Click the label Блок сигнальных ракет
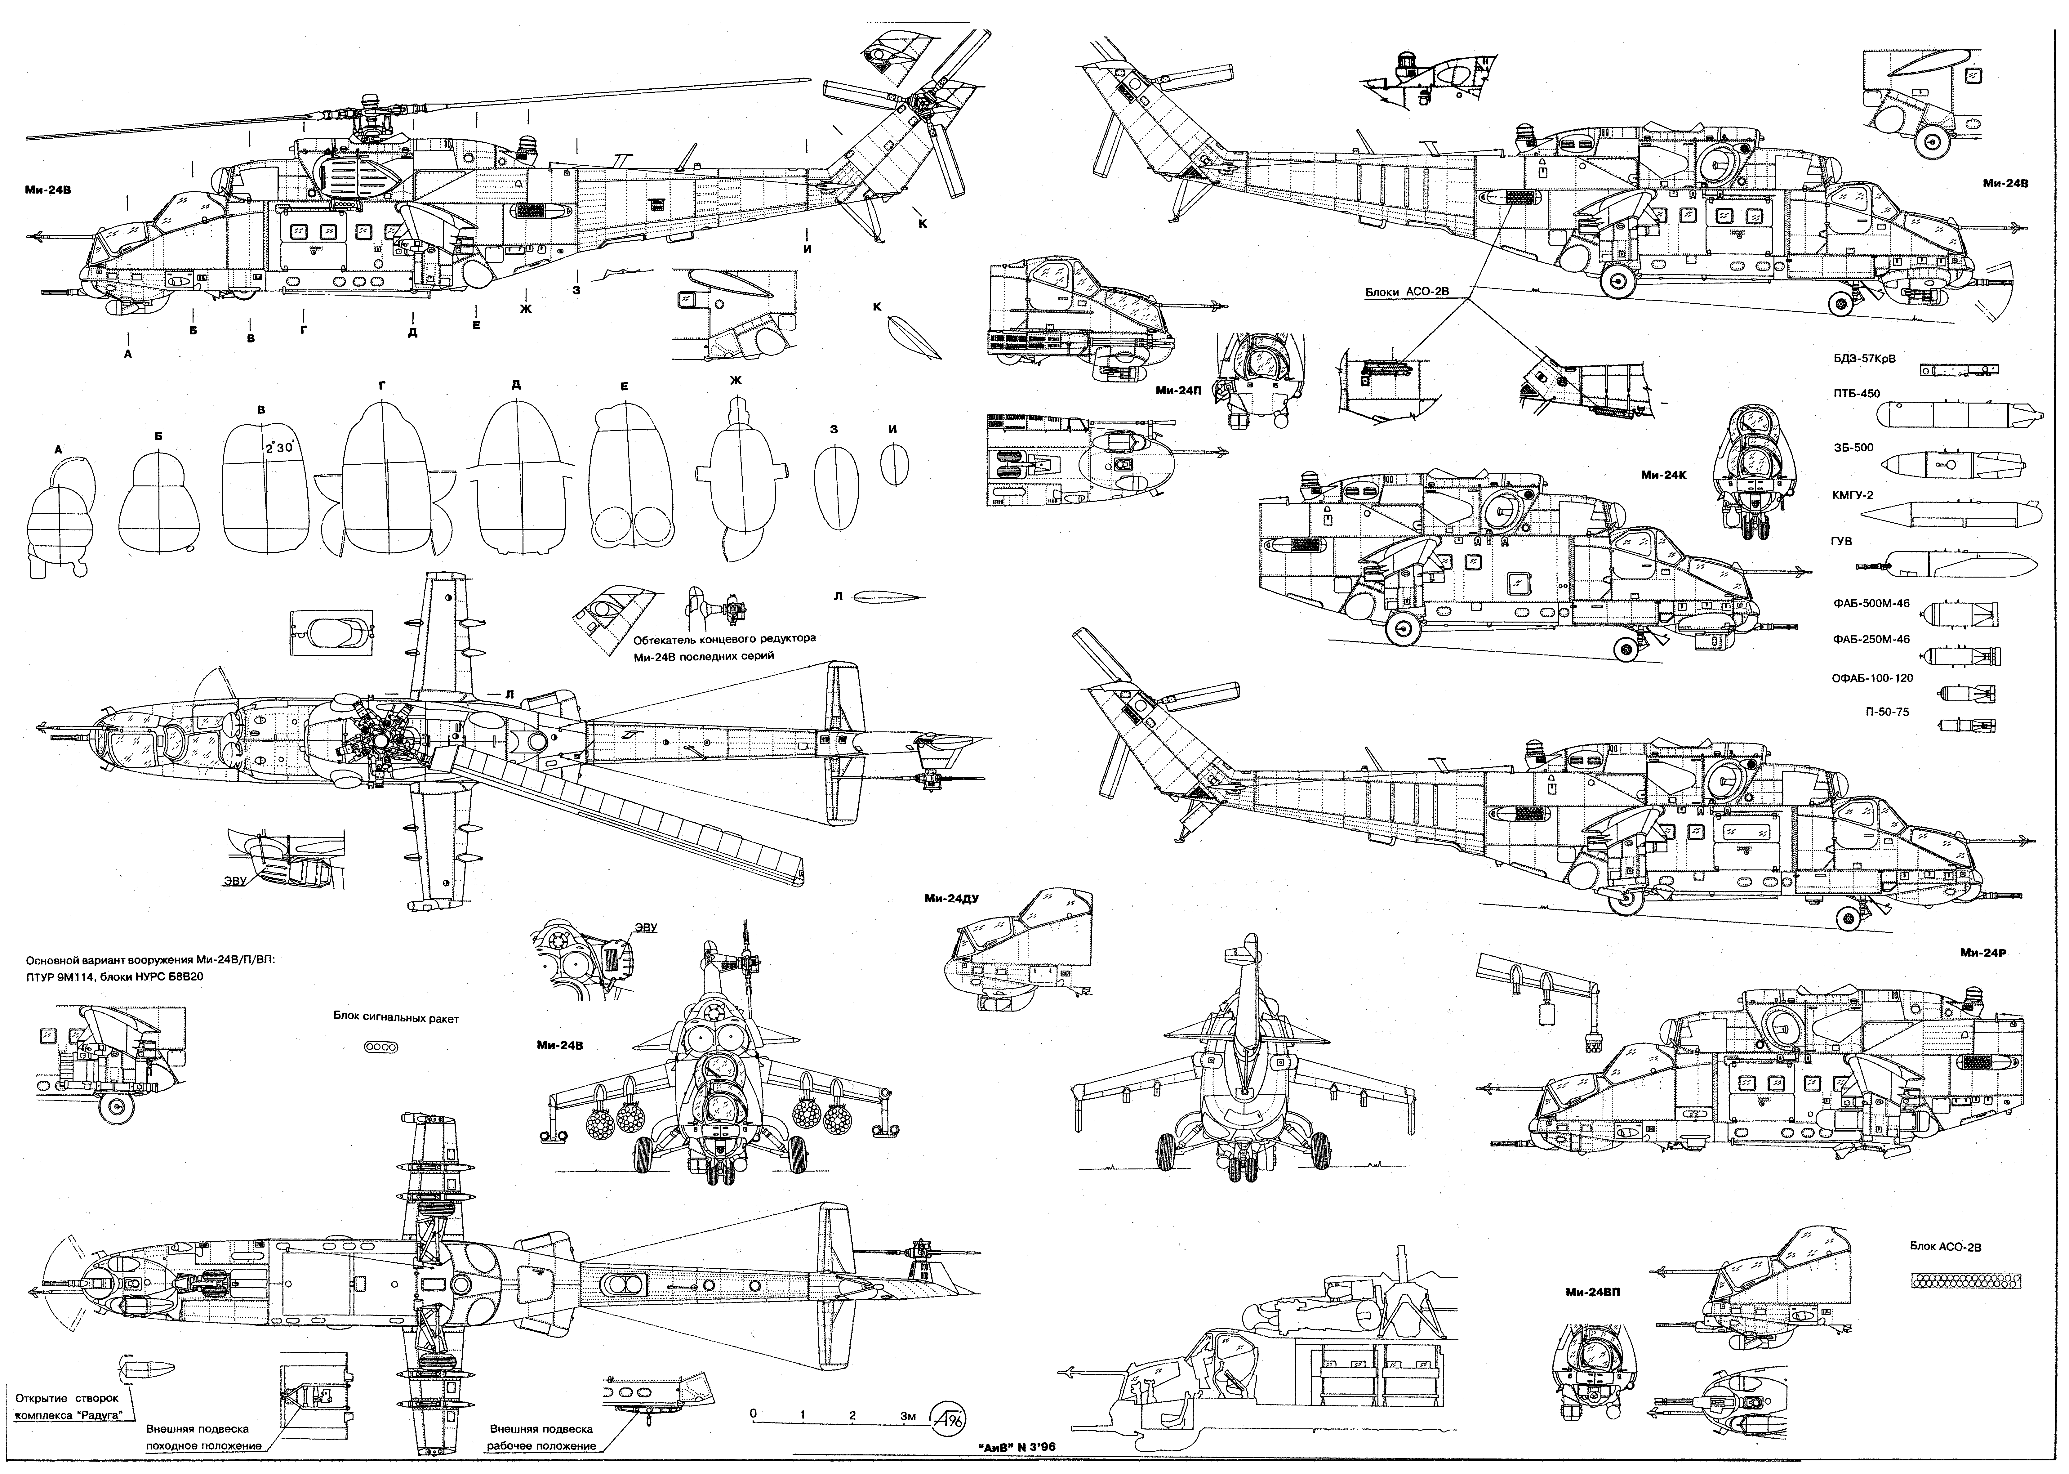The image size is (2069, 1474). click(396, 1018)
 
